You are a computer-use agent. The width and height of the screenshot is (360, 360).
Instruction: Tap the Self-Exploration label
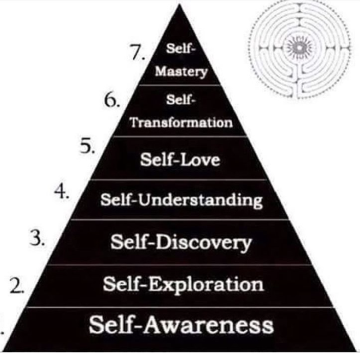pos(183,284)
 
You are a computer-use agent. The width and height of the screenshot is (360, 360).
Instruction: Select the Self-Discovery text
pos(180,243)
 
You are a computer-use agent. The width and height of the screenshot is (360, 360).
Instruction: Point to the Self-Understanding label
pos(181,200)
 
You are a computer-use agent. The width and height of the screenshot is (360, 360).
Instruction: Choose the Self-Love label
pos(180,159)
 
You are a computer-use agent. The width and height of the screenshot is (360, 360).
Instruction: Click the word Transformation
pos(181,123)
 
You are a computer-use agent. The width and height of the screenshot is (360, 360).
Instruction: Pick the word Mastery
pos(181,72)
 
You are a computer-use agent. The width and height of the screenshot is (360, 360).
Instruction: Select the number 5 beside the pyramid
pos(86,147)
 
